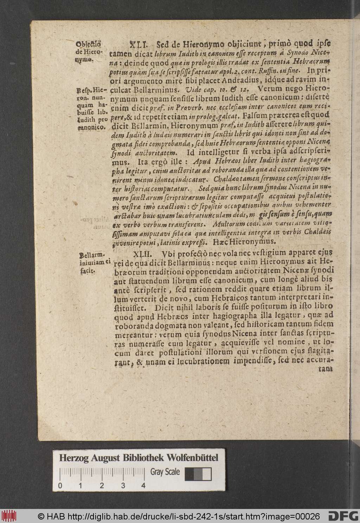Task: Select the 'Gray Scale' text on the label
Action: [x=165, y=472]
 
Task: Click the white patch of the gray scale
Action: [x=207, y=474]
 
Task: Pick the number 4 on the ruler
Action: [x=143, y=486]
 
